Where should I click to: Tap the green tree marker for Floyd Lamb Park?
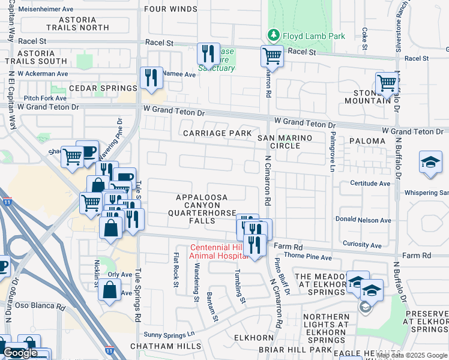274,35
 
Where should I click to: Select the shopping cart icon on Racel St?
272,56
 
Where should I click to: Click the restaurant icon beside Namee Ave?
151,78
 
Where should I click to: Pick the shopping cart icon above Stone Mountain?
387,82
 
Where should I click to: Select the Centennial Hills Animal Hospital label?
219,251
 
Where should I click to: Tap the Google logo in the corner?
20,353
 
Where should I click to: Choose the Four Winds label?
171,9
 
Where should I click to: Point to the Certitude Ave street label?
372,184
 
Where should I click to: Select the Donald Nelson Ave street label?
363,220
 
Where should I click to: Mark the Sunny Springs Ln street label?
170,334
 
